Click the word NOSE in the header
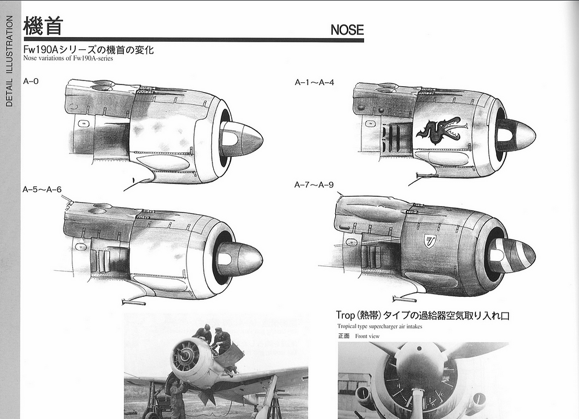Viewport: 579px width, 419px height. point(347,30)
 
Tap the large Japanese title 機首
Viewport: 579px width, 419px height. point(43,25)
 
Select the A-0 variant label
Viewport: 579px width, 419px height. point(31,81)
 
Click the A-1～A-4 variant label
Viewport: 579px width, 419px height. point(314,82)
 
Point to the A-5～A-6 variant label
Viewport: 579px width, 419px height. point(42,190)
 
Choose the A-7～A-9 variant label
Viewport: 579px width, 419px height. point(314,185)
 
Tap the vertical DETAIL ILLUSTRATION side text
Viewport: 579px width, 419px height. point(9,61)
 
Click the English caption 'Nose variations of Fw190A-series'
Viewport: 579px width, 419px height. point(68,58)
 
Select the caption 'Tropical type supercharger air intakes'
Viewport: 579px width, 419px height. point(380,326)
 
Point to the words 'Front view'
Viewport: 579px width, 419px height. point(367,336)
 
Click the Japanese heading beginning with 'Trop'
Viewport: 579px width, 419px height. point(423,315)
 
